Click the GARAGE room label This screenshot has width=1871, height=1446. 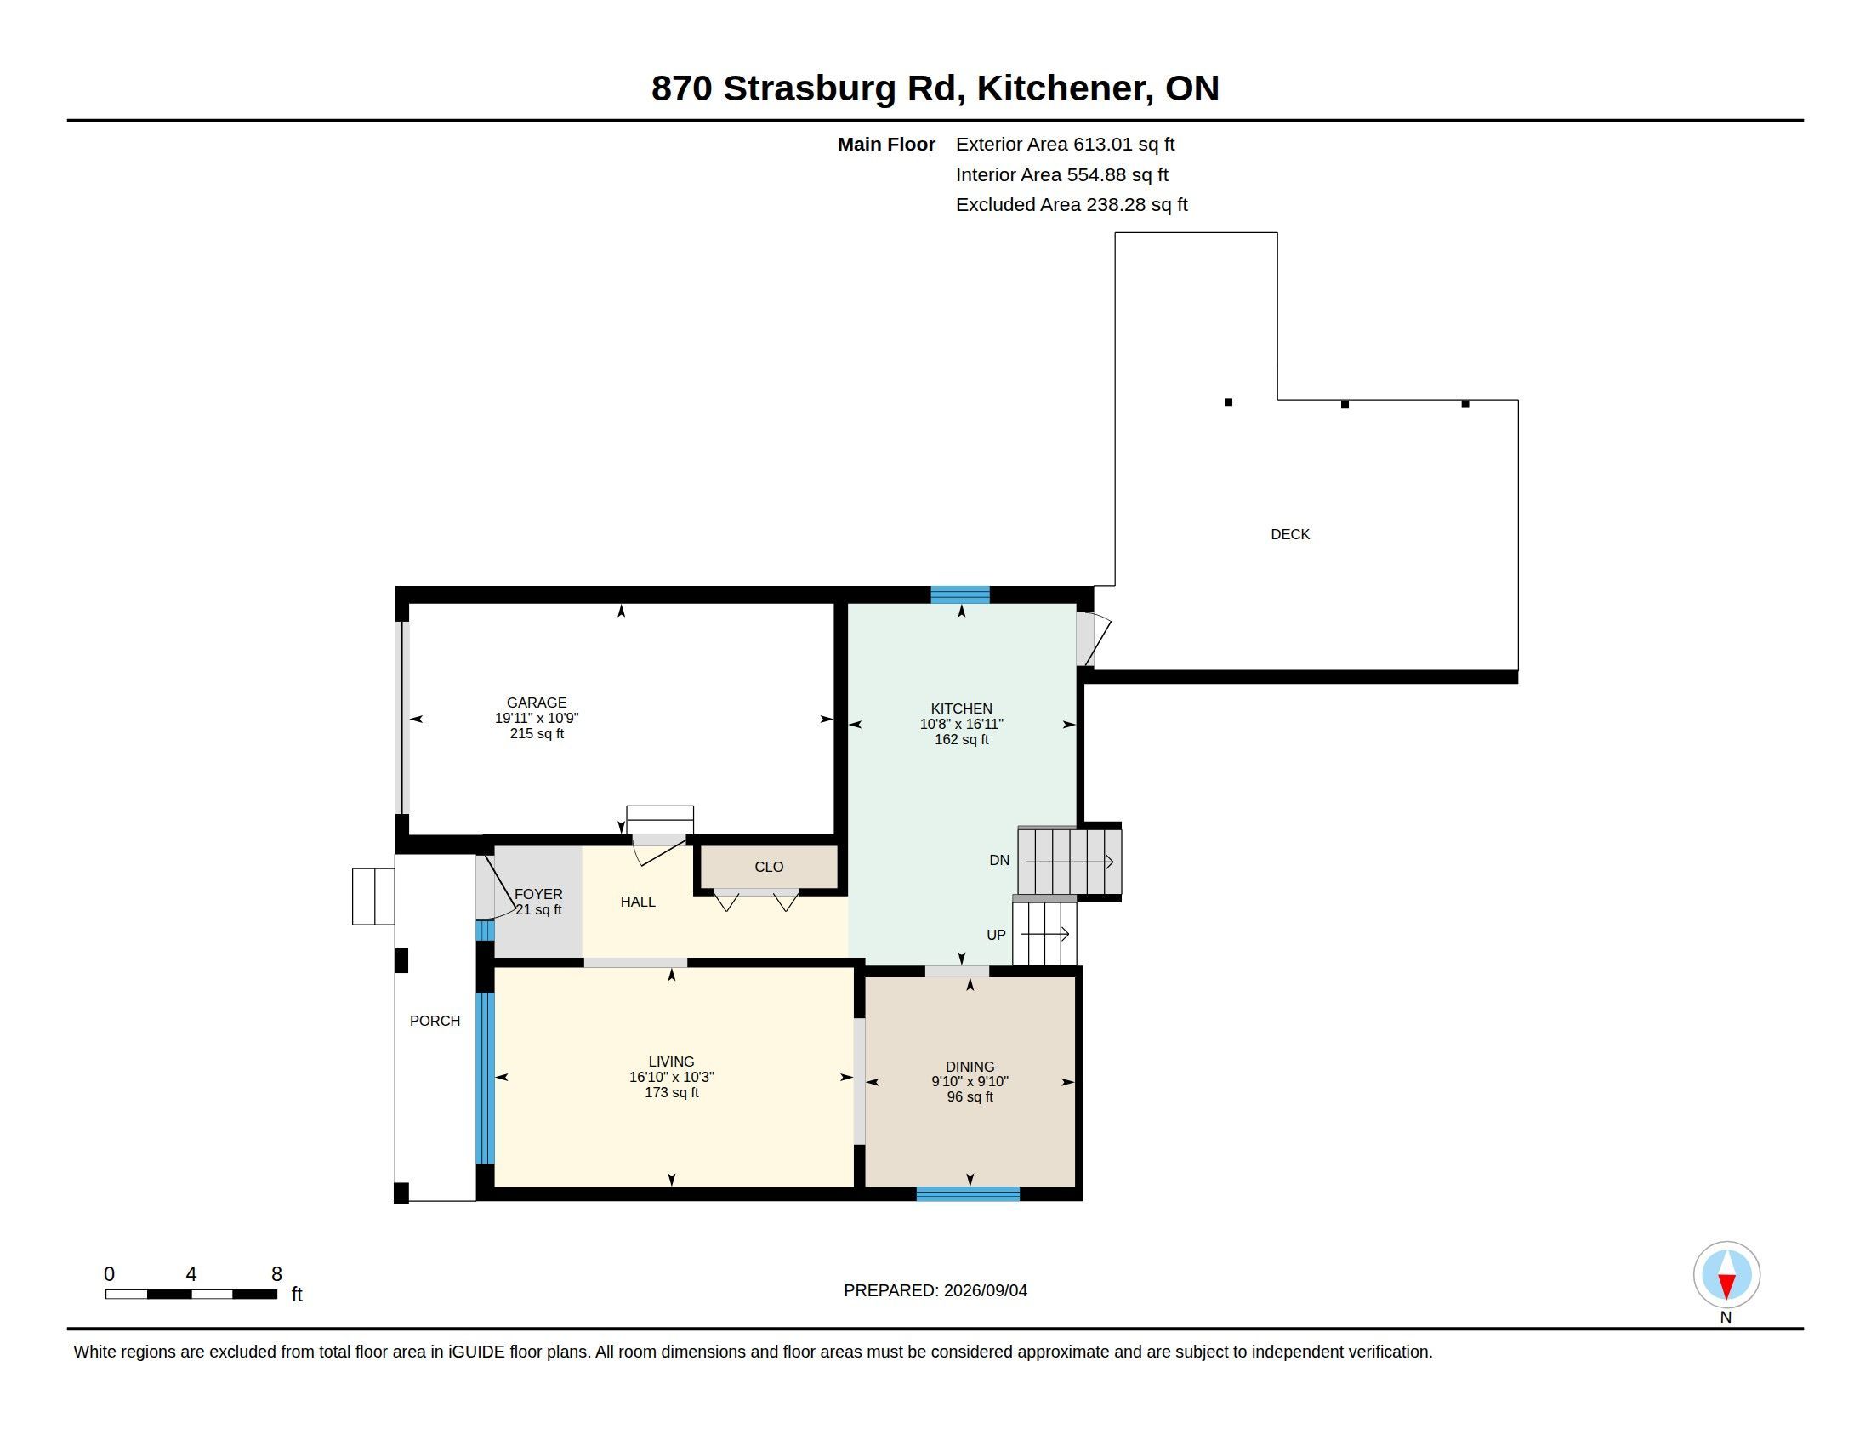(x=537, y=703)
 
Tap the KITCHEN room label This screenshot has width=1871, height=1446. (x=961, y=709)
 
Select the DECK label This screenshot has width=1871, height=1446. (x=1290, y=534)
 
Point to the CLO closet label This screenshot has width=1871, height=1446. (x=770, y=867)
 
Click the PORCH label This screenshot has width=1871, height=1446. (x=435, y=1021)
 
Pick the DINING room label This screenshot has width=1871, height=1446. (x=970, y=1067)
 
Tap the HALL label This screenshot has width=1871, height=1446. (x=637, y=902)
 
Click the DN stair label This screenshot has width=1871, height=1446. (x=1000, y=860)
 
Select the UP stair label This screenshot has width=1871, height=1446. (x=997, y=935)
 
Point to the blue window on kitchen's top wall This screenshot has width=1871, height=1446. (x=960, y=595)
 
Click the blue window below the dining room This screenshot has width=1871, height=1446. (x=968, y=1194)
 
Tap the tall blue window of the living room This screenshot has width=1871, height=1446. (x=485, y=1078)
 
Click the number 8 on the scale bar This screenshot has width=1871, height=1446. (x=276, y=1274)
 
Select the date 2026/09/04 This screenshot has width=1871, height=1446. (x=985, y=1290)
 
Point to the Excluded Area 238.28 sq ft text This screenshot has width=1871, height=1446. (x=1072, y=205)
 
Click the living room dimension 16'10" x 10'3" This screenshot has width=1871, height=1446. (x=672, y=1077)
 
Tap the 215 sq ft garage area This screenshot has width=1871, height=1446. (x=537, y=733)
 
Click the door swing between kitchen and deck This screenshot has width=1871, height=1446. (x=1093, y=639)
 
